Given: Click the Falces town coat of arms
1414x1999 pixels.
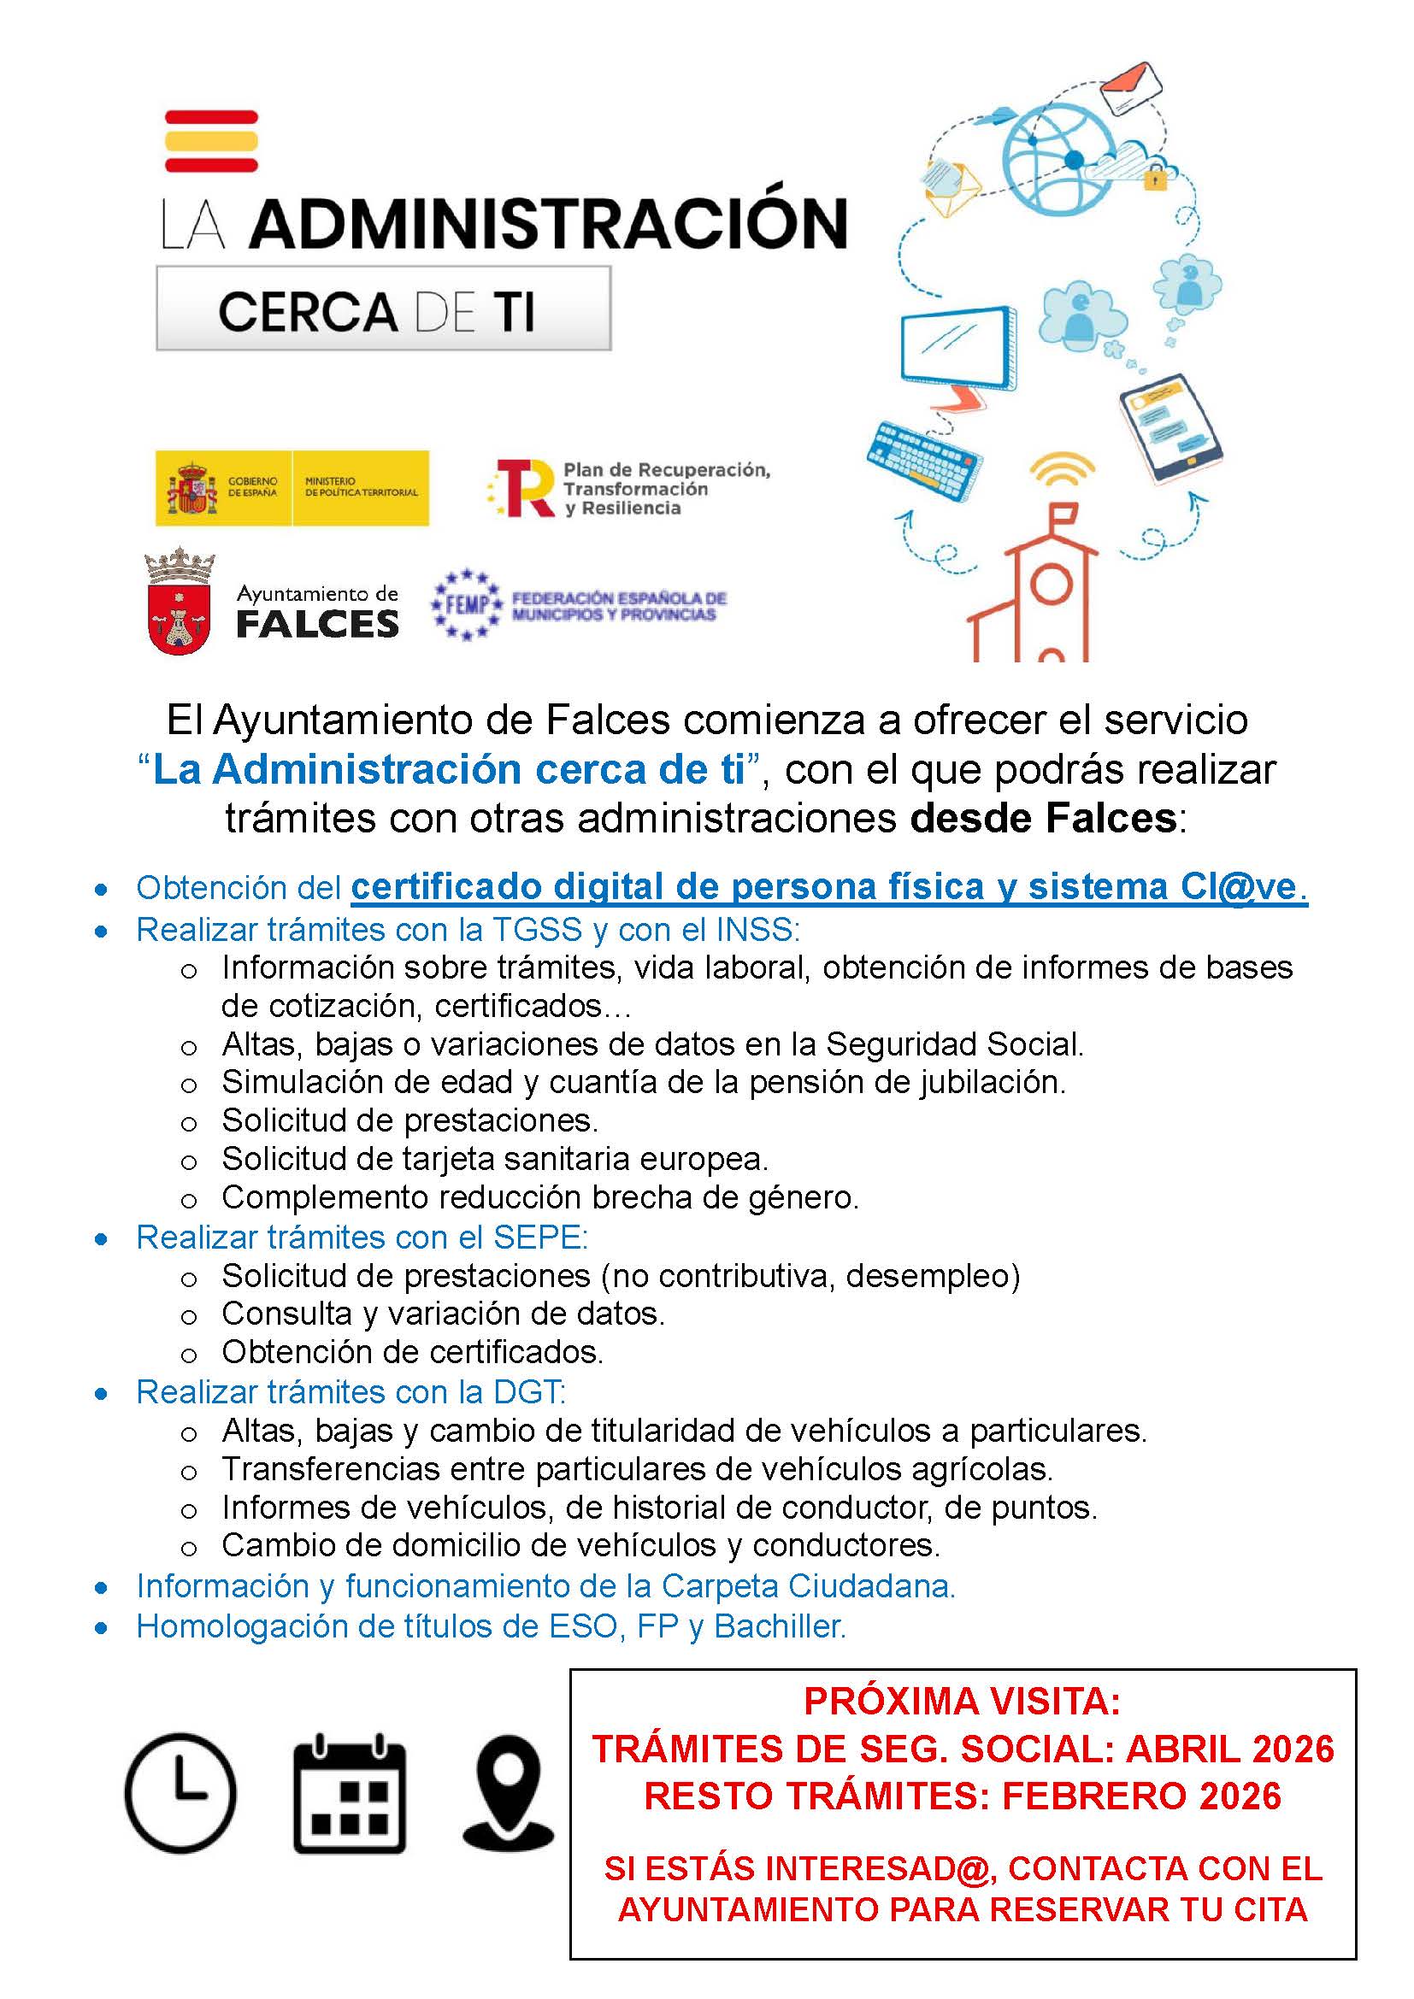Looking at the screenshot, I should [180, 602].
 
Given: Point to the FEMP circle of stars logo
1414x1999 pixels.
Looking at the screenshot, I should [467, 604].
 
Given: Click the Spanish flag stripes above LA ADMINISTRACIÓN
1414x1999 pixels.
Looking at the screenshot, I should [211, 140].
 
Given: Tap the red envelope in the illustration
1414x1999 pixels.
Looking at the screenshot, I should [1131, 87].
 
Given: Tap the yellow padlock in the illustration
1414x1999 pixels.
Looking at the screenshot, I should [1153, 179].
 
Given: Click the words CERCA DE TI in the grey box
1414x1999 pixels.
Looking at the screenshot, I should [376, 311].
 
